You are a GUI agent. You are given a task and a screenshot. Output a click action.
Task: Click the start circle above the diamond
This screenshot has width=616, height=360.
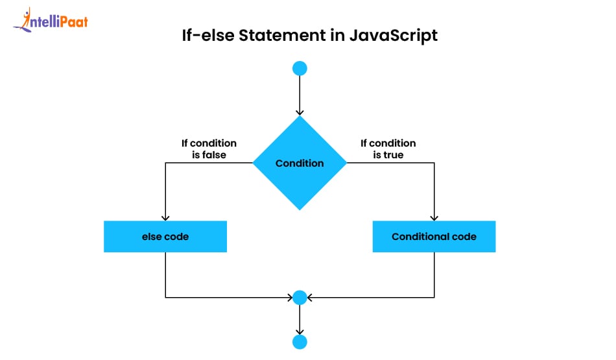[300, 68]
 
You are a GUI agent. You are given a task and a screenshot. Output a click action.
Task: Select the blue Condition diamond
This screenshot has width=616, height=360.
[300, 163]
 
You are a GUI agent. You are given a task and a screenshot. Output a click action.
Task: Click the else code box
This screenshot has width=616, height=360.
[165, 237]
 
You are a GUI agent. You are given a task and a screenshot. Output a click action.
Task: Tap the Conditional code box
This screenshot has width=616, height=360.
[434, 237]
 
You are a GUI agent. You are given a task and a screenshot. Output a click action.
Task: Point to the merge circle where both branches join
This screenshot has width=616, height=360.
[300, 298]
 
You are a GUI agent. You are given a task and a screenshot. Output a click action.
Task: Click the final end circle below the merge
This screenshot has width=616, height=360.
[300, 342]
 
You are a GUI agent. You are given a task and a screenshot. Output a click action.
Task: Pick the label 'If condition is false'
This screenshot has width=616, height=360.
[208, 149]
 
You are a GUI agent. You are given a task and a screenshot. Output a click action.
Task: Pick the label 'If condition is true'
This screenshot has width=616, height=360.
[388, 149]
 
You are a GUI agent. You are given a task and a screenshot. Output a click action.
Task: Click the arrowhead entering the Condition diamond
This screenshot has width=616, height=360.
[300, 112]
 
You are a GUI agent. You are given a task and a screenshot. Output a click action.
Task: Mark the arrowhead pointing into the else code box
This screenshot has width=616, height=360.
[165, 218]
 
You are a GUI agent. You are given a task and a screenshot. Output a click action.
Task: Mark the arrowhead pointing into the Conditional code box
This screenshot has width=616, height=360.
[434, 218]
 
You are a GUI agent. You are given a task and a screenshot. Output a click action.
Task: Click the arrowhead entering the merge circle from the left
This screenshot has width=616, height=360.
[289, 298]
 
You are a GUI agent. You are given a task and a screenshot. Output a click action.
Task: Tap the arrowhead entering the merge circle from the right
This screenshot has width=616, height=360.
[310, 298]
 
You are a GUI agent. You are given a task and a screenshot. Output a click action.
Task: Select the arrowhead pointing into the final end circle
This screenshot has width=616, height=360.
[300, 331]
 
